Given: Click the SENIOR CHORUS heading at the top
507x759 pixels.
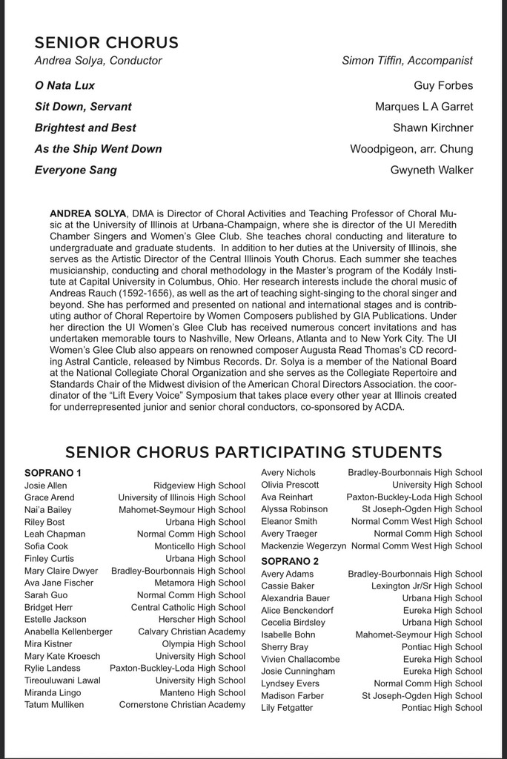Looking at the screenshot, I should pos(106,42).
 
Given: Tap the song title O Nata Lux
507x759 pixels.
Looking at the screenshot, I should pos(64,85).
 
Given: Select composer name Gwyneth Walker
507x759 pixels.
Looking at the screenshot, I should pos(431,170).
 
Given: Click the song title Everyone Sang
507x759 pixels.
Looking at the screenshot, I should pos(76,170).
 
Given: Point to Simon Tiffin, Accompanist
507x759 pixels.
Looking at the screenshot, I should pos(407,61).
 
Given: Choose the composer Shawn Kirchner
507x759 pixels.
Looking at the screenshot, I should pos(433,127).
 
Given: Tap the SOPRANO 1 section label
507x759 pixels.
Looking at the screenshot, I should pos(53,473).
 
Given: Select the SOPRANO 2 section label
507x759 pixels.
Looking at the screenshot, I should pos(290,561).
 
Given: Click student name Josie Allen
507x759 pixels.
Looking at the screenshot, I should pos(45,485).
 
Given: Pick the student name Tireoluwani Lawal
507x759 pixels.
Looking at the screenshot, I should pos(62,680).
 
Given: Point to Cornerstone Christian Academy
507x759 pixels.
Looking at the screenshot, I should pos(182,705).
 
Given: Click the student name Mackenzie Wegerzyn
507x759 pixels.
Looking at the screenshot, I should pos(303,546).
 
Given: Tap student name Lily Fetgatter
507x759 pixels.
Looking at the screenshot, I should pos(287,708).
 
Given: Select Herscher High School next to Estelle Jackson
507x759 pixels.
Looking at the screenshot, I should pos(202,620).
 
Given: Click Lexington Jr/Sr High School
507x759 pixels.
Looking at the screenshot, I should pos(426,586).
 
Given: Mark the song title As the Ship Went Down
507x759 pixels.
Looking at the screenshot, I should pos(98,149).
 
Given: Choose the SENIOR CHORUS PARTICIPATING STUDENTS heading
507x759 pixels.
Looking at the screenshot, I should pos(253,451).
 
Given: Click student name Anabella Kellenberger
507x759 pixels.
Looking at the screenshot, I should pos(68,632).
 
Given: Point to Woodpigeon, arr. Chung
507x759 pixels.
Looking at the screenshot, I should pos(411,149).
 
